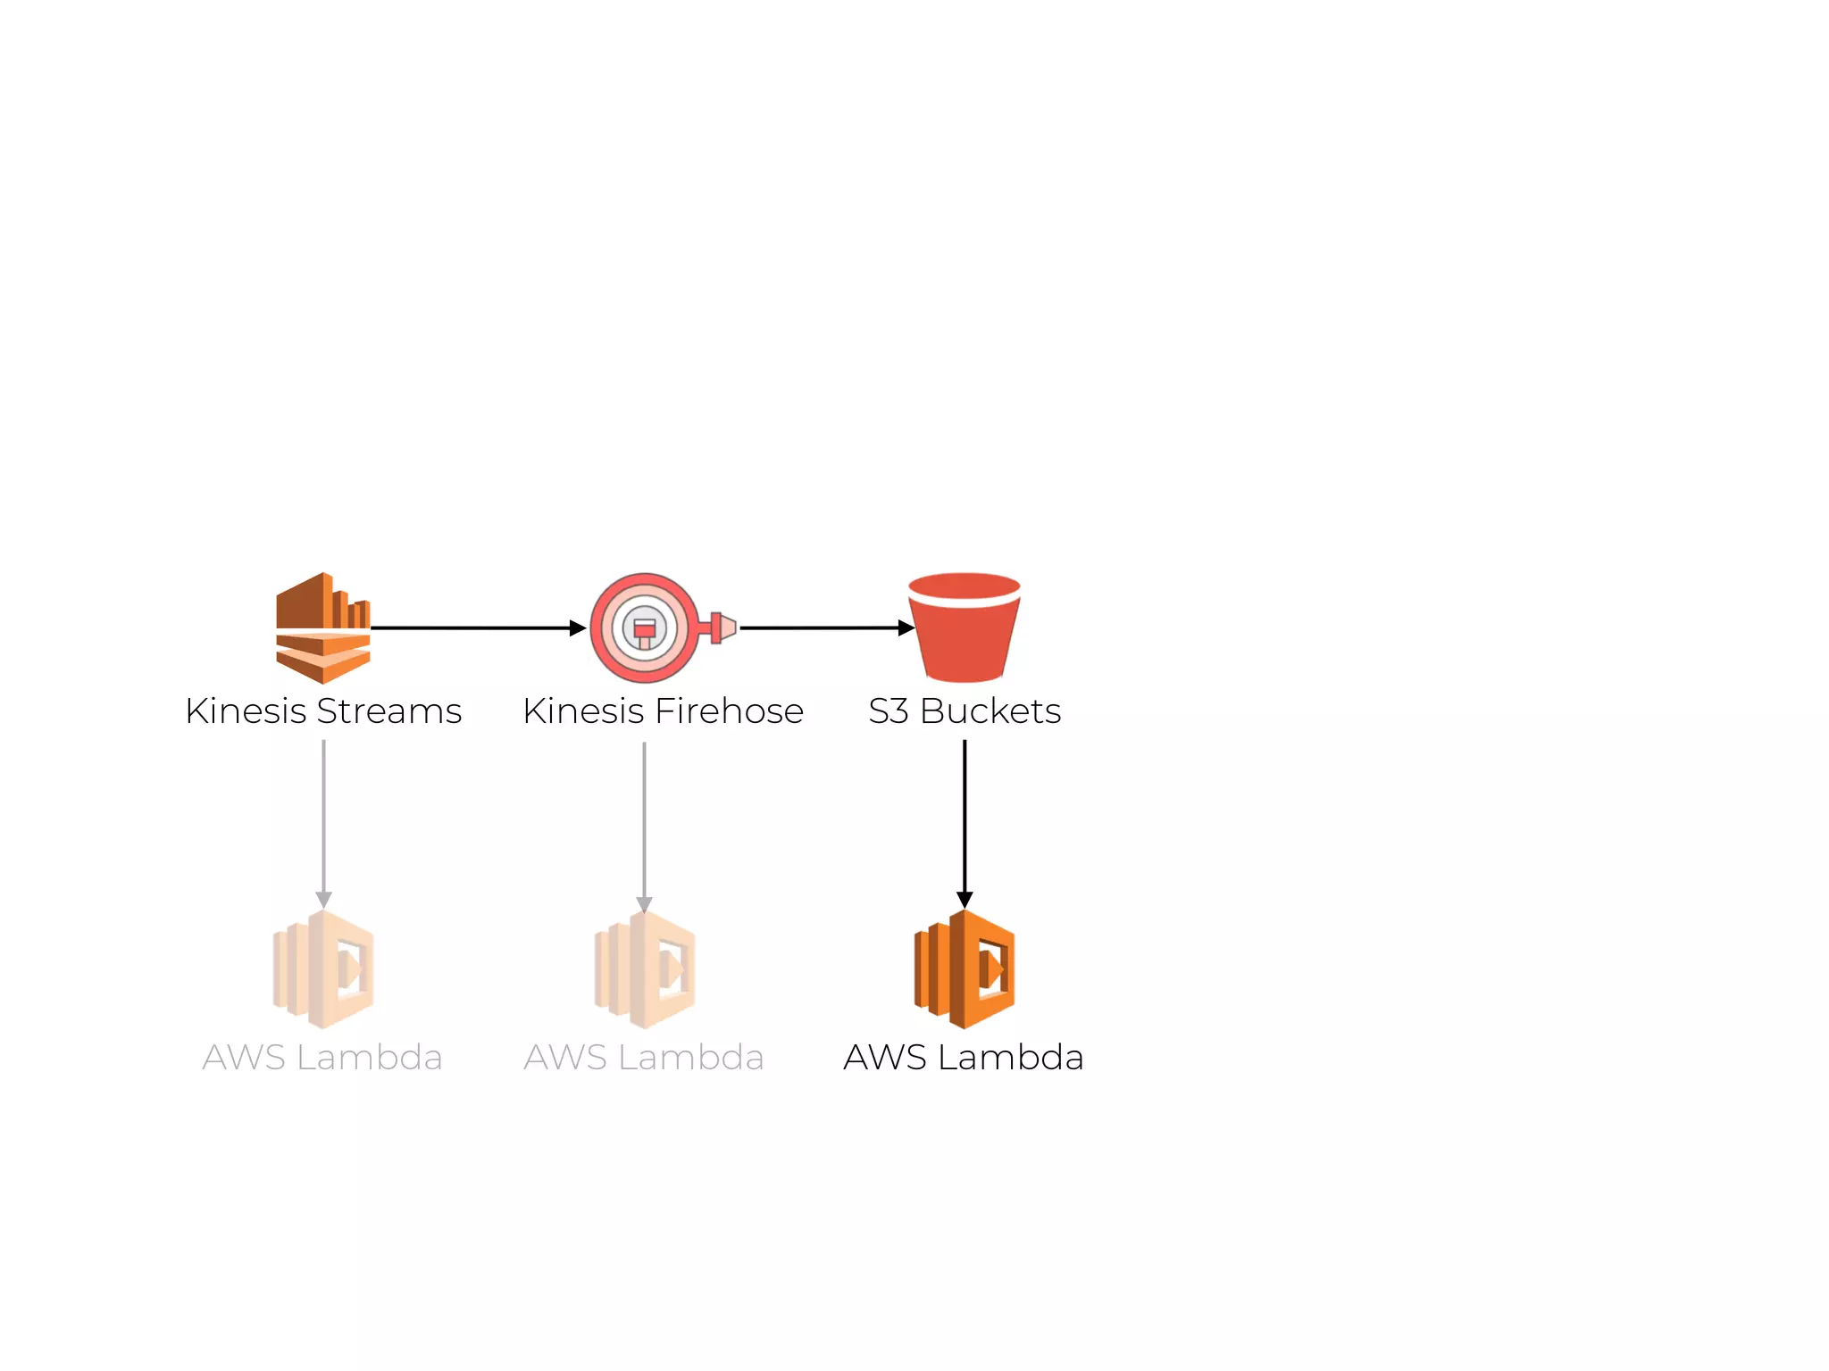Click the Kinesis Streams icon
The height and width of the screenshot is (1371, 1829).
[322, 627]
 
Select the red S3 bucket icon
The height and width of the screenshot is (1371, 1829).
[964, 627]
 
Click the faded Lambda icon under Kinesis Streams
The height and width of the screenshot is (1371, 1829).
[323, 969]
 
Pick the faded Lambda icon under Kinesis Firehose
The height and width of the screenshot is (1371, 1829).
[645, 969]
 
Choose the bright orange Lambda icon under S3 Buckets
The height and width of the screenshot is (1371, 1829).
[965, 969]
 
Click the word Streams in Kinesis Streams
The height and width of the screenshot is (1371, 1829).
[389, 711]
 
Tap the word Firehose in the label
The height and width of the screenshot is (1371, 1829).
[730, 711]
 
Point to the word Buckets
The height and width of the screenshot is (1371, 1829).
[990, 711]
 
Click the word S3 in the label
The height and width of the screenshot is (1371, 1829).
[889, 711]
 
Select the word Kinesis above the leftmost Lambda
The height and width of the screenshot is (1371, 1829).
[246, 711]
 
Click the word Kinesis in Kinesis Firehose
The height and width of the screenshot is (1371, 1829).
[583, 711]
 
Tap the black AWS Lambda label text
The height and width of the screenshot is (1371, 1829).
[964, 1058]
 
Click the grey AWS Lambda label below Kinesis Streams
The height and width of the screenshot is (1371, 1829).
[322, 1058]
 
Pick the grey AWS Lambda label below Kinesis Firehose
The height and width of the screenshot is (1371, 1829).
[644, 1058]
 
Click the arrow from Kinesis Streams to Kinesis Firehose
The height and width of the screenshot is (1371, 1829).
[478, 628]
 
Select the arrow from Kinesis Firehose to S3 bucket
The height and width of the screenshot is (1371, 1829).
[827, 628]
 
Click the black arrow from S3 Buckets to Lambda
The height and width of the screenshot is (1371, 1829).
[965, 821]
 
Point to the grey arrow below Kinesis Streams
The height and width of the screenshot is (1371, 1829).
[323, 821]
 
